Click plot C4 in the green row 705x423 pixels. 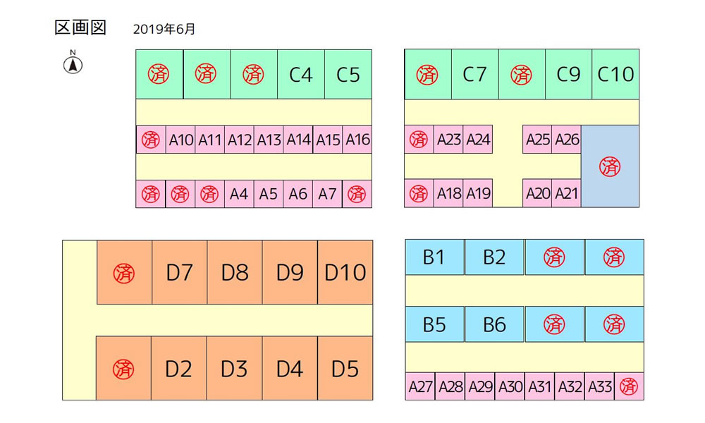point(301,74)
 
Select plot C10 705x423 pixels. point(615,74)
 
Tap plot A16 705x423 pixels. point(357,140)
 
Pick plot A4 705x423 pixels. point(239,194)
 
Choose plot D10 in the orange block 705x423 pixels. point(345,272)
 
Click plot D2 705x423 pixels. point(179,369)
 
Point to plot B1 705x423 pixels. point(434,257)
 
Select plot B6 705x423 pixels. point(494,324)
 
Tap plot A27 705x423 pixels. point(420,386)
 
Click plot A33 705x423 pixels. point(599,386)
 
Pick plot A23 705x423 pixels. point(448,140)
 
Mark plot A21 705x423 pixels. point(567,194)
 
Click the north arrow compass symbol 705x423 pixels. point(73,63)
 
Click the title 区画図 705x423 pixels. point(80,28)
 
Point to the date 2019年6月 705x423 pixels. point(164,29)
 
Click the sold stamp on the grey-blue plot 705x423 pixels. point(610,167)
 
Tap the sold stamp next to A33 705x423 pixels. point(629,386)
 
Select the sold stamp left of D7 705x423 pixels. point(124,274)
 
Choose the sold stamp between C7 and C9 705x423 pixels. point(522,75)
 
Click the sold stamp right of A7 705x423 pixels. point(357,194)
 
